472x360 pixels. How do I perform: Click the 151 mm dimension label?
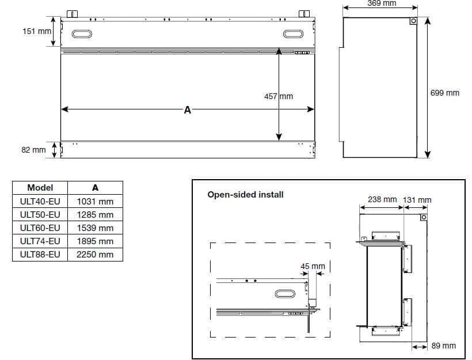[37, 31]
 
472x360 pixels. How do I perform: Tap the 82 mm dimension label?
[33, 150]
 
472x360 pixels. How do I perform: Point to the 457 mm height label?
[279, 96]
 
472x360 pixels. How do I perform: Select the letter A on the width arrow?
[187, 110]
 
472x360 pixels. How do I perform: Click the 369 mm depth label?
[382, 3]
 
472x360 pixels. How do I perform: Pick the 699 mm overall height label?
[444, 93]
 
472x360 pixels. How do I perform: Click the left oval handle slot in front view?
[82, 34]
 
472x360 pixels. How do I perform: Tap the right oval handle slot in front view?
[293, 34]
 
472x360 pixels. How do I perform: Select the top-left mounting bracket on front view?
[72, 14]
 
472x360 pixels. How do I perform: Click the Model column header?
[40, 188]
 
